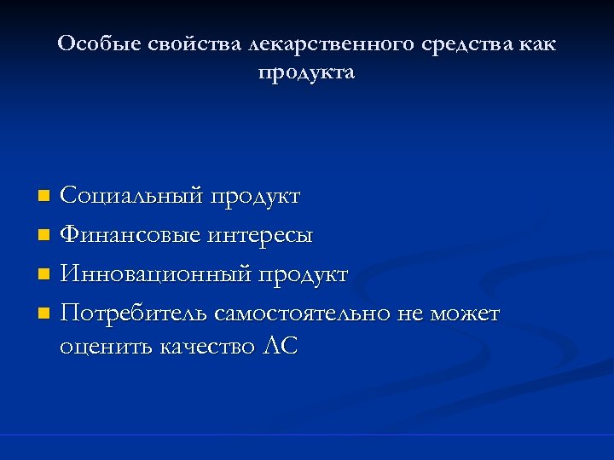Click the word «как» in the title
[x=536, y=43]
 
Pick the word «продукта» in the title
[x=306, y=73]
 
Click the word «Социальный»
[x=132, y=196]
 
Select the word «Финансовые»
[x=130, y=235]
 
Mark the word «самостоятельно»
[x=303, y=313]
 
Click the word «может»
[x=465, y=313]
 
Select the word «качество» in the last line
[x=207, y=347]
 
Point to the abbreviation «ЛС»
[x=281, y=347]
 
